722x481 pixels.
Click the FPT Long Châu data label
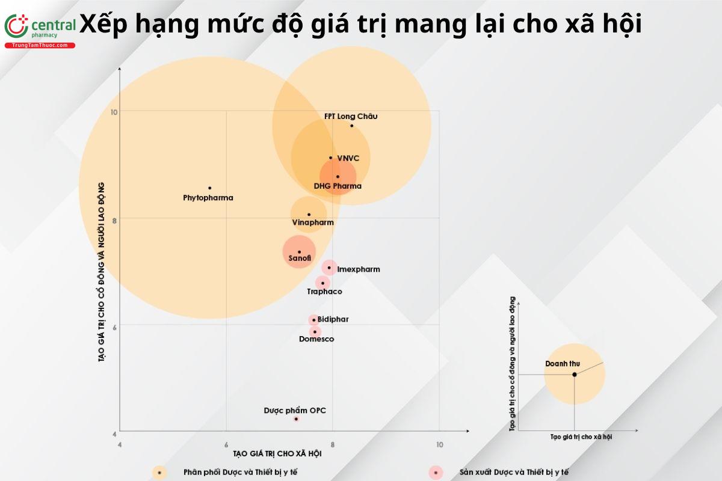coord(351,116)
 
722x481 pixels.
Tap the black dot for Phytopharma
coord(209,188)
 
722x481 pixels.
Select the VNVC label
coord(348,158)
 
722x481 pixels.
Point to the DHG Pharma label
coord(338,186)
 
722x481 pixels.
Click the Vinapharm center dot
coord(309,214)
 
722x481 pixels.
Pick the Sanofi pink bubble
coord(299,253)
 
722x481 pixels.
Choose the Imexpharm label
coord(358,269)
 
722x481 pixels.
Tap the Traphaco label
coord(324,292)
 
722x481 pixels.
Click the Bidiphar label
coord(333,319)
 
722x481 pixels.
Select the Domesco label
coord(316,339)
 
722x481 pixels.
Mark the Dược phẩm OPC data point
coord(296,418)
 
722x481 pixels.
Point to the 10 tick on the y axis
coord(114,111)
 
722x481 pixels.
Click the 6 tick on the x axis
coord(226,444)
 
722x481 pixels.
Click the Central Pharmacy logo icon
coord(16,27)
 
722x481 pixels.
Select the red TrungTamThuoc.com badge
coord(40,46)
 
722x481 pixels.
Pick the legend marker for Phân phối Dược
coord(159,473)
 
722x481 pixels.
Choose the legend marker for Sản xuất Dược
coord(435,473)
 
